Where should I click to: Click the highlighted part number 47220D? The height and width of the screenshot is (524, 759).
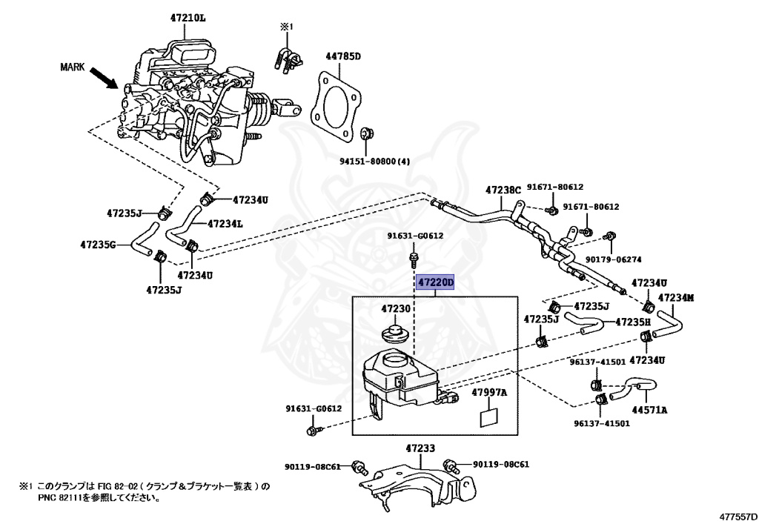pos(434,282)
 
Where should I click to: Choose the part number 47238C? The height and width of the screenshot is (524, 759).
pos(504,190)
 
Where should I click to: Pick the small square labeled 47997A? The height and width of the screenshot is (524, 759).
pos(489,417)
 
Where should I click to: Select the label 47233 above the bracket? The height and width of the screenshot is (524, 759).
pos(420,448)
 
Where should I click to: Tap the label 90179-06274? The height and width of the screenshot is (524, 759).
pos(613,259)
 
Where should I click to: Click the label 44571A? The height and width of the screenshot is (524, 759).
pos(649,409)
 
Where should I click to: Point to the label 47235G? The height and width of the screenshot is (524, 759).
pos(99,244)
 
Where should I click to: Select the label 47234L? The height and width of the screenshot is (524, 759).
pos(225,223)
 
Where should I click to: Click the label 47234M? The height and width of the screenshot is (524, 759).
pos(676,298)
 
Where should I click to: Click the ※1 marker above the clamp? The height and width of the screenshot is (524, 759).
pos(286,27)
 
